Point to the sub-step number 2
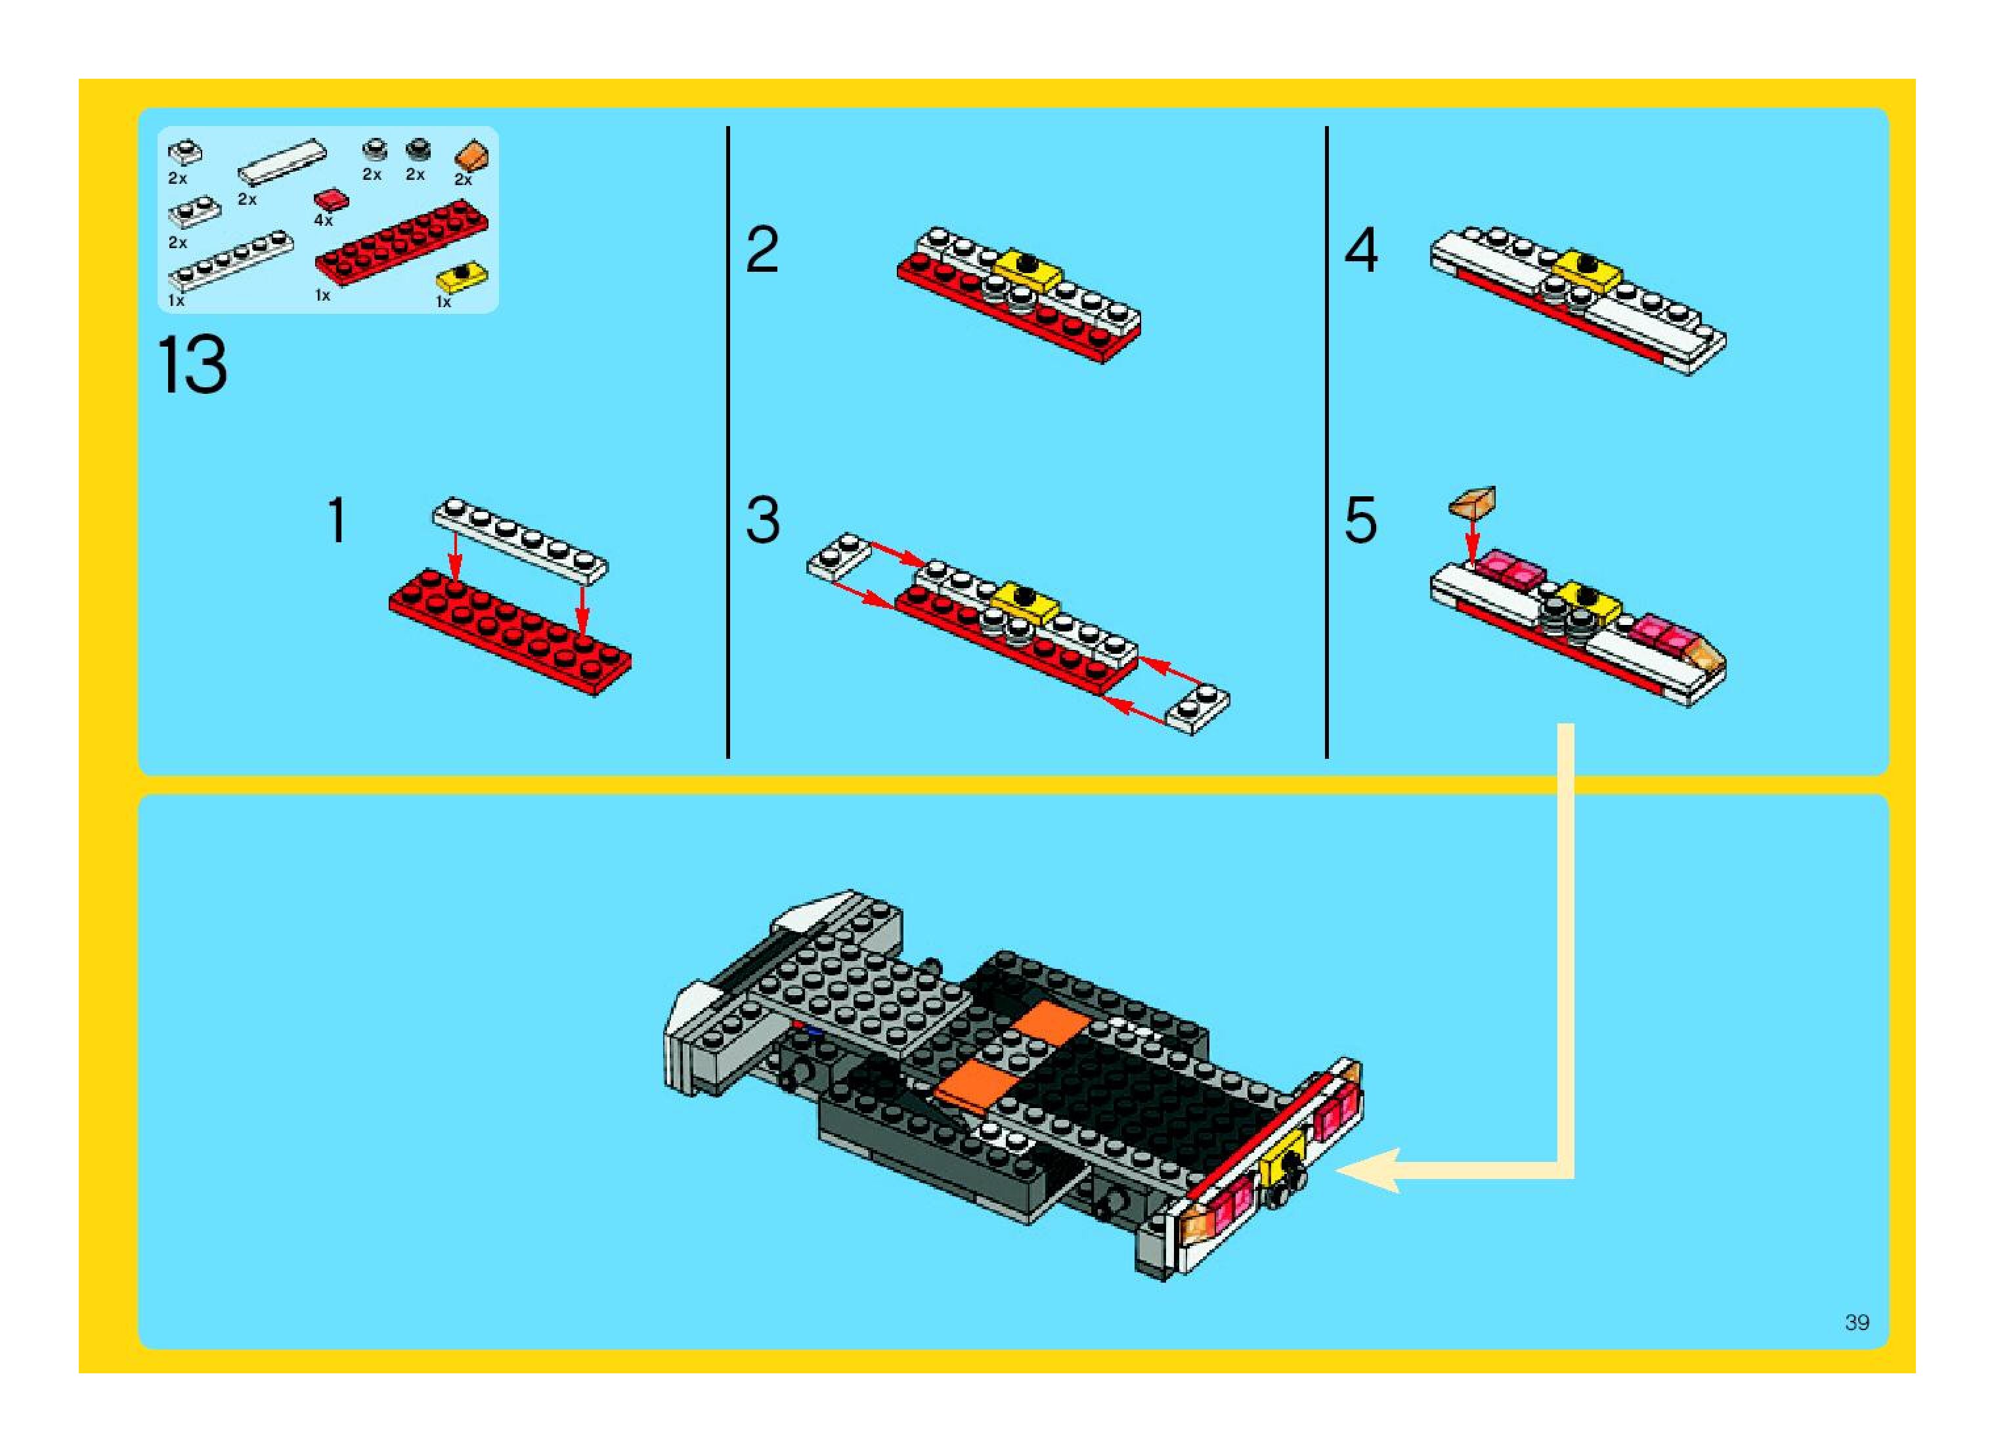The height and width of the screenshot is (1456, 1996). (x=762, y=250)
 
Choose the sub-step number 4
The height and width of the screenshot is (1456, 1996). (x=1360, y=250)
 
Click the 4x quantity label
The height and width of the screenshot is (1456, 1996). (x=324, y=221)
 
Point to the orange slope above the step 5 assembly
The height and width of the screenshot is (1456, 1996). (x=1472, y=502)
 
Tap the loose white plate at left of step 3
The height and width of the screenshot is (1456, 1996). (x=838, y=555)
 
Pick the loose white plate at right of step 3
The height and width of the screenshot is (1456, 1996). (x=1198, y=708)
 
